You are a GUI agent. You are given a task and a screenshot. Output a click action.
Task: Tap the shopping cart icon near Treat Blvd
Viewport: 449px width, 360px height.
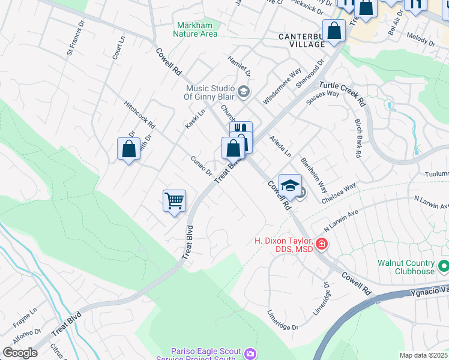[x=174, y=200]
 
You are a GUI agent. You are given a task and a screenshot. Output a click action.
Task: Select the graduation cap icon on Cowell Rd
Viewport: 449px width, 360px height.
[x=290, y=185]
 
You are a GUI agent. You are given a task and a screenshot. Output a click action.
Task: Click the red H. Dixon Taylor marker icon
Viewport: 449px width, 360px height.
[x=322, y=244]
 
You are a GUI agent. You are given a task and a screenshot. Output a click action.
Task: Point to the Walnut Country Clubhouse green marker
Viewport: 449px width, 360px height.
[x=444, y=265]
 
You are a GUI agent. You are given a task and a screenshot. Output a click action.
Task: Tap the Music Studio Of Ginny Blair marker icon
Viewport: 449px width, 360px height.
[x=243, y=92]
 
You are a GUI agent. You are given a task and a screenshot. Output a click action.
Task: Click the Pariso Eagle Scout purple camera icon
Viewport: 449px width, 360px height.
[x=250, y=353]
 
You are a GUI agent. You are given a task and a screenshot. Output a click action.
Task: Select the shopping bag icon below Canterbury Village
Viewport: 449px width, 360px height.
[x=333, y=30]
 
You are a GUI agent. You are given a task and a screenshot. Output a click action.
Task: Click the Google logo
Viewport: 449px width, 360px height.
[x=20, y=352]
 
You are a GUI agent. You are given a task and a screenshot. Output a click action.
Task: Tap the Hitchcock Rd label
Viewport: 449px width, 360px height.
[x=140, y=115]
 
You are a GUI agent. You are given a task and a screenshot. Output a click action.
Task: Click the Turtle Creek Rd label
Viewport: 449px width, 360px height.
[x=342, y=93]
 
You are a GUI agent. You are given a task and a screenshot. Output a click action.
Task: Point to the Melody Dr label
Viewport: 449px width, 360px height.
[x=420, y=40]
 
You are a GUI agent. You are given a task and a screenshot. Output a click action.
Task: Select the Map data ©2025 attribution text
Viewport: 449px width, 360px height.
[x=423, y=355]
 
